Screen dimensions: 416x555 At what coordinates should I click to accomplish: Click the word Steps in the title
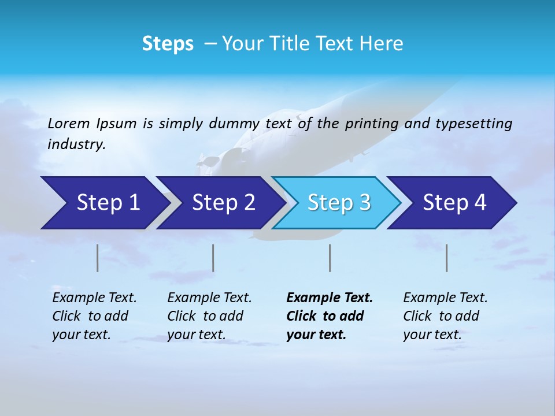point(168,44)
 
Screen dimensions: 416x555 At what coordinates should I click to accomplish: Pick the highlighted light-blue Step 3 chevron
point(339,203)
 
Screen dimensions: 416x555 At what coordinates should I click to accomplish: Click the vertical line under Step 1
point(98,258)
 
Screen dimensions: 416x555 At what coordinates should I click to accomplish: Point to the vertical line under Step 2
point(213,258)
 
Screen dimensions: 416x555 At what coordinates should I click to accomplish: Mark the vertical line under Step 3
point(330,258)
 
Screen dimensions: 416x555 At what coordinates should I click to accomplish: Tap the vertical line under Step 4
point(447,258)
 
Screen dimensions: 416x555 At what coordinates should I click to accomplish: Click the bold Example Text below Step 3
point(330,316)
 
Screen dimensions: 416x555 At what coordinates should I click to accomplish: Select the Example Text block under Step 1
point(94,316)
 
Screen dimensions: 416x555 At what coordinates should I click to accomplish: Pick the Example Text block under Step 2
point(209,316)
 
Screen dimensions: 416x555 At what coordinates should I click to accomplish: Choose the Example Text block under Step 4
point(445,316)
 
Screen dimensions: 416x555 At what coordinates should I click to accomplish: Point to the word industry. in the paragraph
point(76,144)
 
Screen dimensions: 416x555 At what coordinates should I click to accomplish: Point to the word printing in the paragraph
point(371,124)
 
